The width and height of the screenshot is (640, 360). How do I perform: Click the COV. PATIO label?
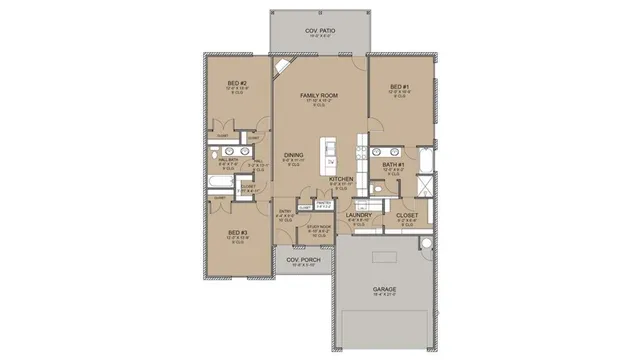click(x=319, y=31)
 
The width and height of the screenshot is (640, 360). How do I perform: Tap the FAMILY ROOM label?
click(x=319, y=96)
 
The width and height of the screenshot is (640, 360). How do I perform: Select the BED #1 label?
click(x=400, y=86)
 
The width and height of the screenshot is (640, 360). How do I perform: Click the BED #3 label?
click(x=237, y=233)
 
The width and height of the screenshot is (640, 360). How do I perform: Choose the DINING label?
click(x=293, y=155)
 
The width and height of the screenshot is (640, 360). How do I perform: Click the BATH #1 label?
click(x=392, y=163)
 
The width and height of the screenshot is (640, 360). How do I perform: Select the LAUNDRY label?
click(x=358, y=215)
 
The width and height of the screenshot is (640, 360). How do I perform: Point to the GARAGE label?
click(x=385, y=288)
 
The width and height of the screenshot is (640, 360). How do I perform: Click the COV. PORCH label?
click(x=301, y=260)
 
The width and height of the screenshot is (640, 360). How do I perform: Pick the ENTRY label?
click(x=284, y=211)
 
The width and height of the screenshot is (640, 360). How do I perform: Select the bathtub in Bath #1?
click(x=426, y=159)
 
